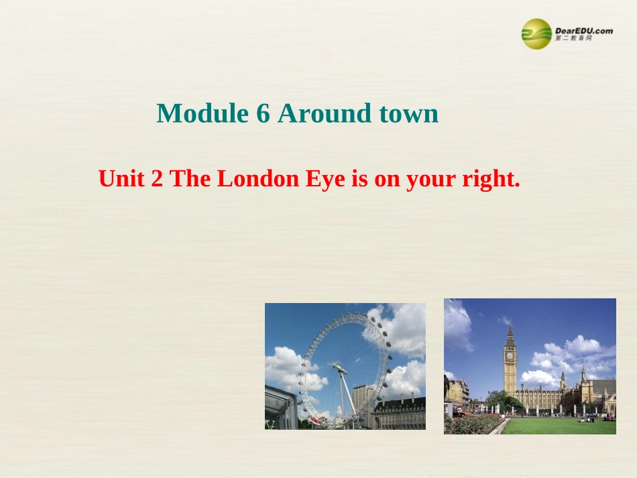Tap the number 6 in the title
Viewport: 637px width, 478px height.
coord(263,114)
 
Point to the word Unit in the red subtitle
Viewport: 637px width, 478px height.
coord(122,179)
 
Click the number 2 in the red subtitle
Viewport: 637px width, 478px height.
coord(158,179)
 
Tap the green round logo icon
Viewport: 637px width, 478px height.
coord(536,34)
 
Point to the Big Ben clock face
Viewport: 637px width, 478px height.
coord(510,355)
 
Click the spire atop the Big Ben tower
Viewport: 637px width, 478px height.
coord(510,328)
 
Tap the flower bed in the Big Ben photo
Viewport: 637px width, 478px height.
coord(469,424)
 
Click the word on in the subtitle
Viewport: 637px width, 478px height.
coord(388,179)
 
